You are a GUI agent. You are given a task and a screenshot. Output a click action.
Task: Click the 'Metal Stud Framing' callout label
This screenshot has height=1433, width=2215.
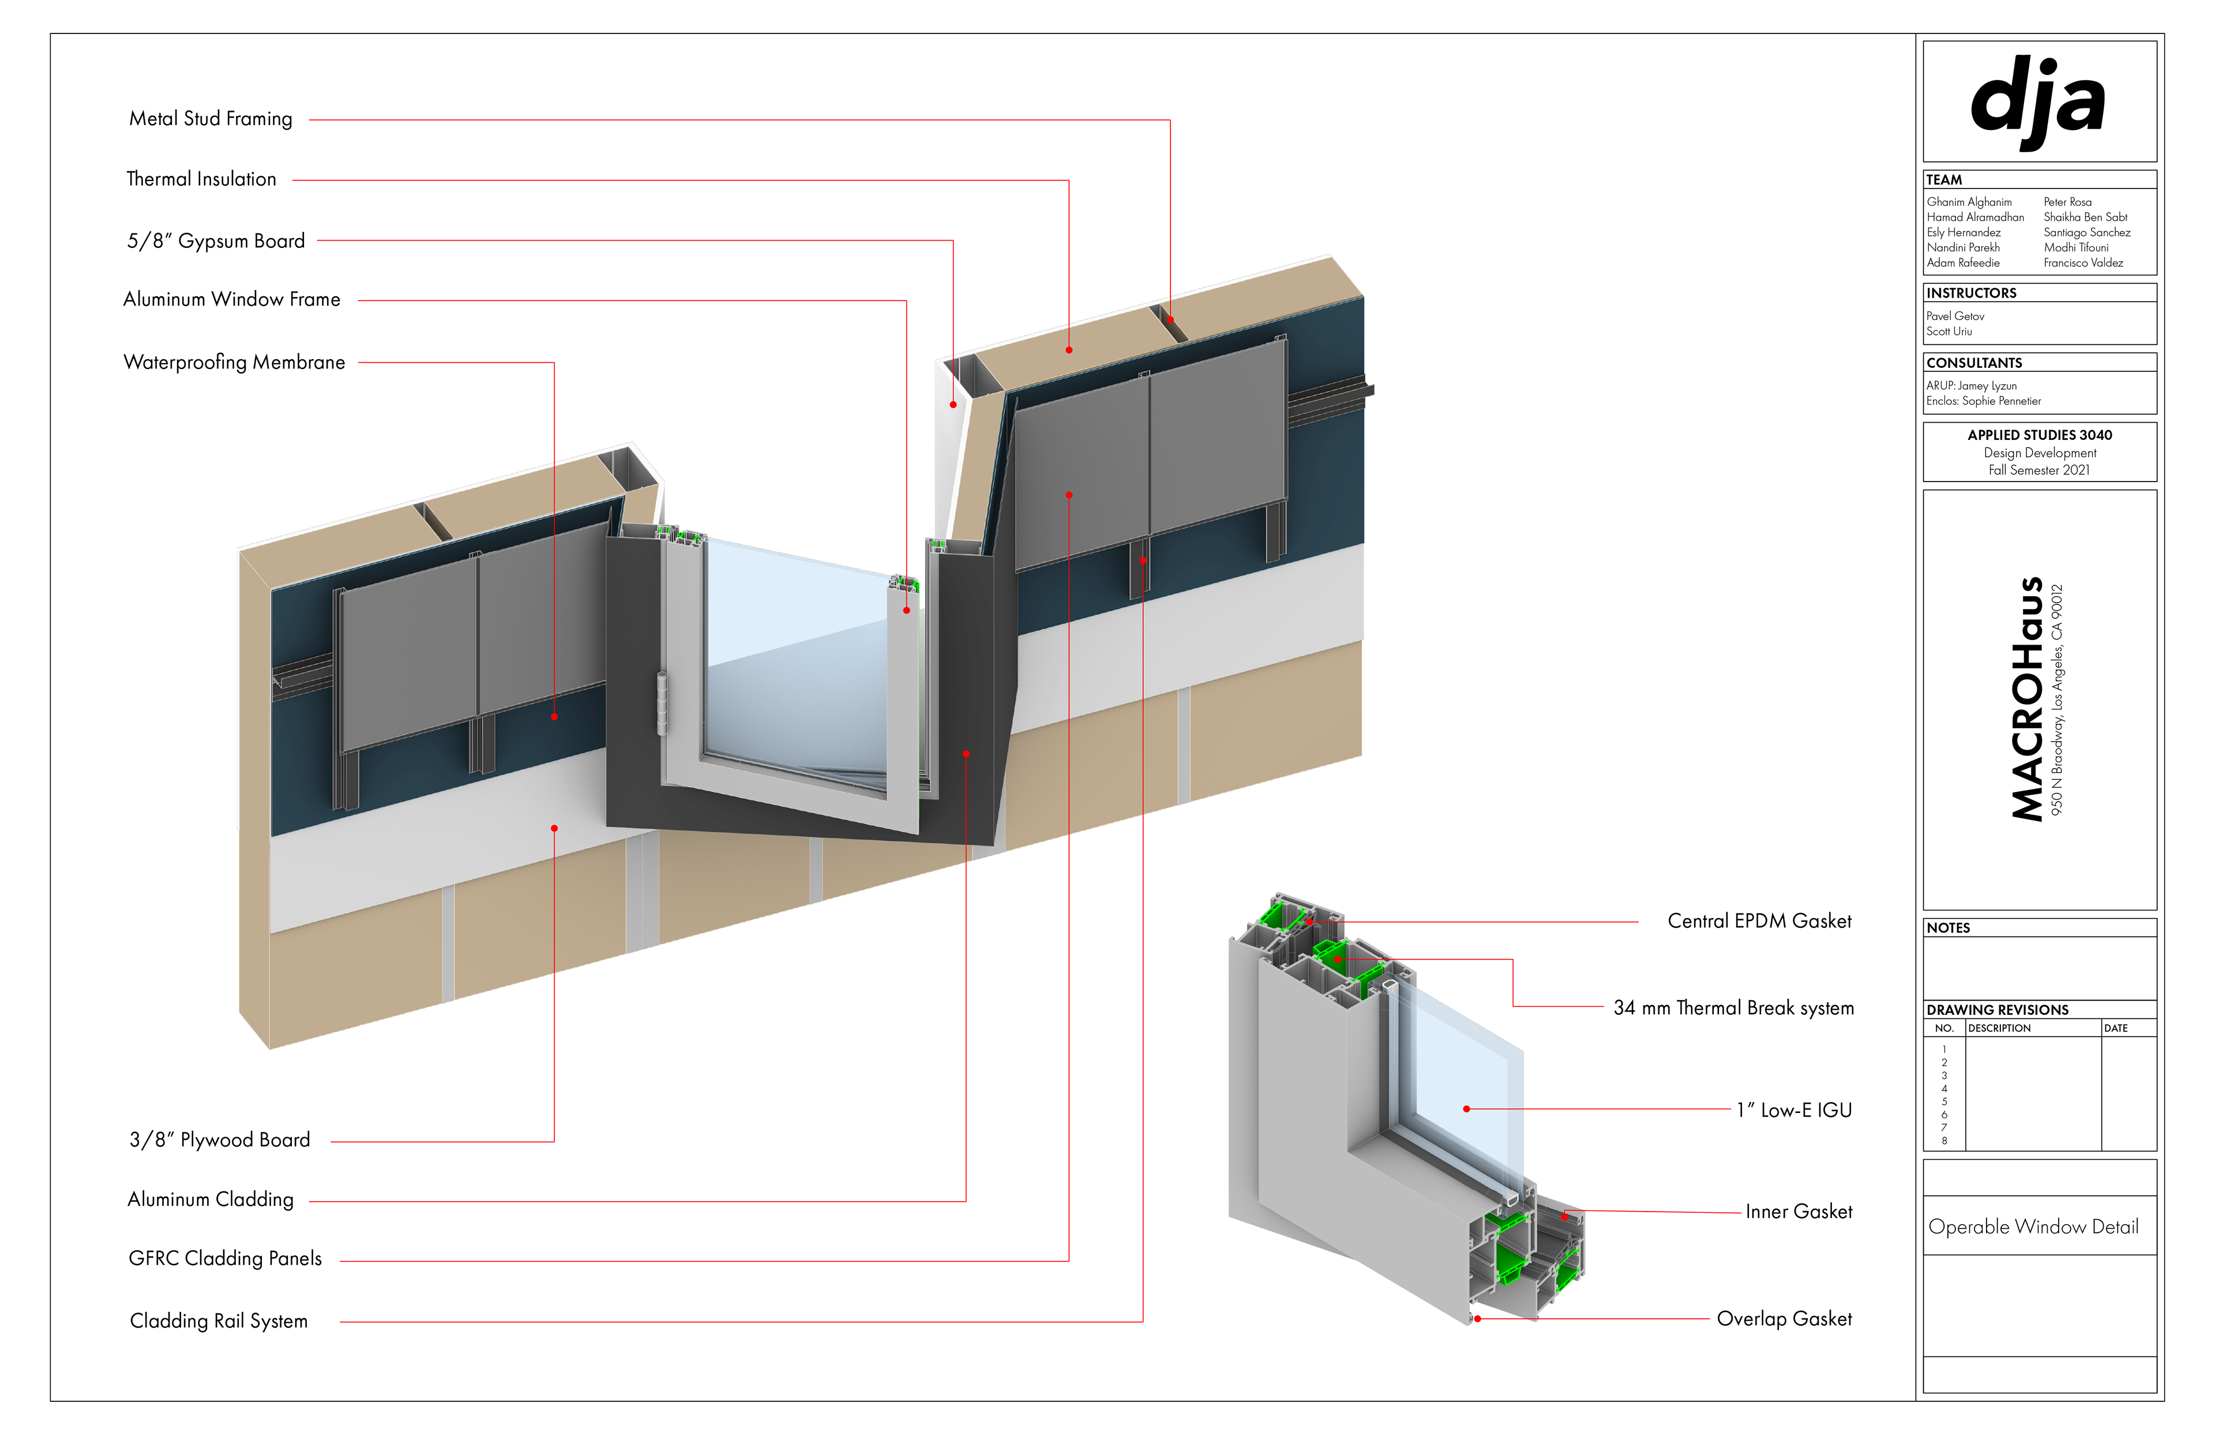point(211,119)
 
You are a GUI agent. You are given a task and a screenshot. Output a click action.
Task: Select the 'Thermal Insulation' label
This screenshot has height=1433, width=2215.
point(201,179)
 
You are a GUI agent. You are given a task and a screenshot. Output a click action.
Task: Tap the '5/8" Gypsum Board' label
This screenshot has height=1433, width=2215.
point(216,241)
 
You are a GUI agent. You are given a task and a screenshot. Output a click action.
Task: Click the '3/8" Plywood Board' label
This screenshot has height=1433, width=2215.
point(220,1140)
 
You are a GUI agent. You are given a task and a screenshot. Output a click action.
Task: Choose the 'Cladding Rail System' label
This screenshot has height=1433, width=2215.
point(219,1321)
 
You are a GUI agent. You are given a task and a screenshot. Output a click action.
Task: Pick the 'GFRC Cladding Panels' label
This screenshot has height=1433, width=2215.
point(225,1259)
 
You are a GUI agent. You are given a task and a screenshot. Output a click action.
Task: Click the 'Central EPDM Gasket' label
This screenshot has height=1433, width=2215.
point(1759,922)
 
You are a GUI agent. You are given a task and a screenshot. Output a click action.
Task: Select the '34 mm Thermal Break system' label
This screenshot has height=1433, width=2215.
point(1733,1008)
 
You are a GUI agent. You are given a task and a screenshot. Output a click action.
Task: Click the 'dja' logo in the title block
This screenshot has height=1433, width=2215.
point(2037,100)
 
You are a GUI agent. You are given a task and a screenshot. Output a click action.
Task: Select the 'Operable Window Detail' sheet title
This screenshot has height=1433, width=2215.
point(2033,1227)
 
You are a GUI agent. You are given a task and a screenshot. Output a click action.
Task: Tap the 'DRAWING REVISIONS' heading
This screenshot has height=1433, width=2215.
point(1997,1010)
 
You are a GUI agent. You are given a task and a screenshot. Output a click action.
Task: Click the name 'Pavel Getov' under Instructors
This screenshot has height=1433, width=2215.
point(1954,317)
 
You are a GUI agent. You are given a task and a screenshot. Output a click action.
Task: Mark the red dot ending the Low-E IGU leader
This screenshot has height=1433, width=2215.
point(1467,1109)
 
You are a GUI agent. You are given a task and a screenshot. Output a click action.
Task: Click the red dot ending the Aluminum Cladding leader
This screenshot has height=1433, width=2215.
point(966,754)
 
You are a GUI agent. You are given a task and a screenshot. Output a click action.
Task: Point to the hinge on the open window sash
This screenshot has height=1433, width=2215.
point(662,702)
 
